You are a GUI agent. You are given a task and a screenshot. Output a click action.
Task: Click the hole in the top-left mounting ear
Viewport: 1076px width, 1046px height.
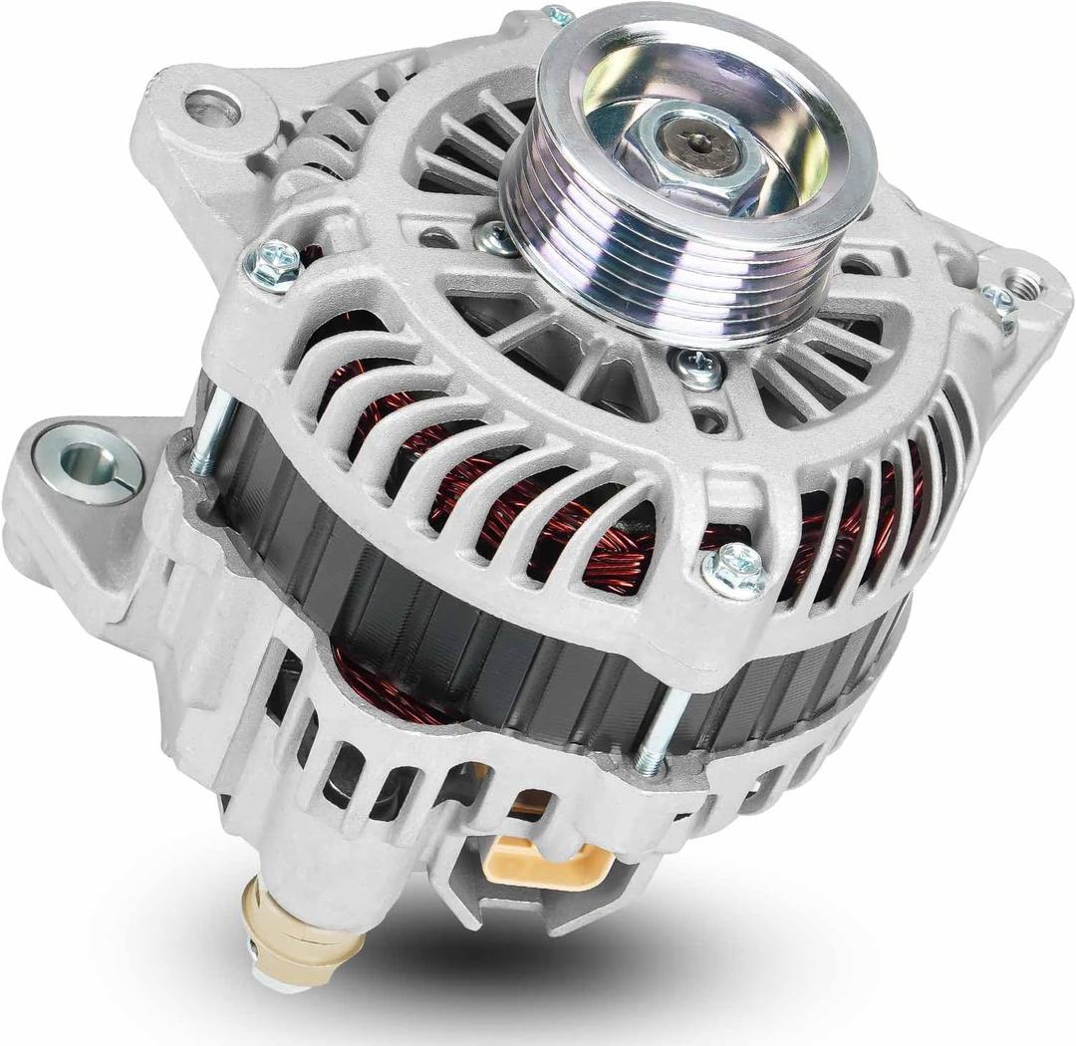(212, 108)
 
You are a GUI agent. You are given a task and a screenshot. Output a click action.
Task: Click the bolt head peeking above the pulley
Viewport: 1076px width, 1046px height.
(559, 16)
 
